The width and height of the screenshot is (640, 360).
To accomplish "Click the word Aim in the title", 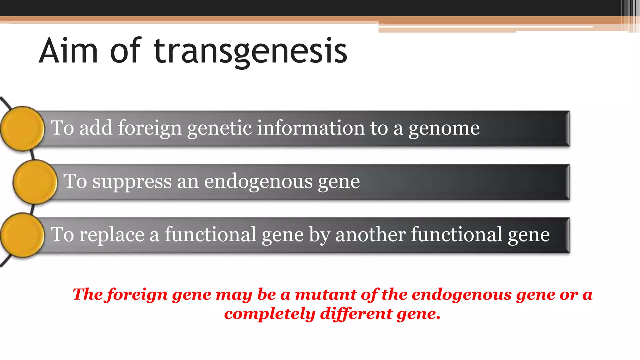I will (68, 51).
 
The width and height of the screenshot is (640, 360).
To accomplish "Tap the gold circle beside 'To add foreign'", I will (22, 128).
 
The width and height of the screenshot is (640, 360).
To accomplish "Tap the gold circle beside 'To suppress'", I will (35, 182).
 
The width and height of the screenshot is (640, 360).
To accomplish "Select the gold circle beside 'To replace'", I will (22, 235).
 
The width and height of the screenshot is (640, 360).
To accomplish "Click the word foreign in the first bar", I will (150, 128).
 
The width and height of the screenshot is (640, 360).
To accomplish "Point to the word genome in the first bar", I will (444, 128).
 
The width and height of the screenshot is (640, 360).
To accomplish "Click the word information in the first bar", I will (311, 128).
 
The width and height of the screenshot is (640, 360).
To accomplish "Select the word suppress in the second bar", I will (132, 182).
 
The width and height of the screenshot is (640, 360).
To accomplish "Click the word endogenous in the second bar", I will (258, 182).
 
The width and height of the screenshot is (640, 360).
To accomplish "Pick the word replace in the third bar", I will (112, 235).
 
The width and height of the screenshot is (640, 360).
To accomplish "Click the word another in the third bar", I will (370, 235).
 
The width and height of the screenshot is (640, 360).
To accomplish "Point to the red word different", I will (356, 314).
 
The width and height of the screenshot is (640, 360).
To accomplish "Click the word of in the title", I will (126, 51).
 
